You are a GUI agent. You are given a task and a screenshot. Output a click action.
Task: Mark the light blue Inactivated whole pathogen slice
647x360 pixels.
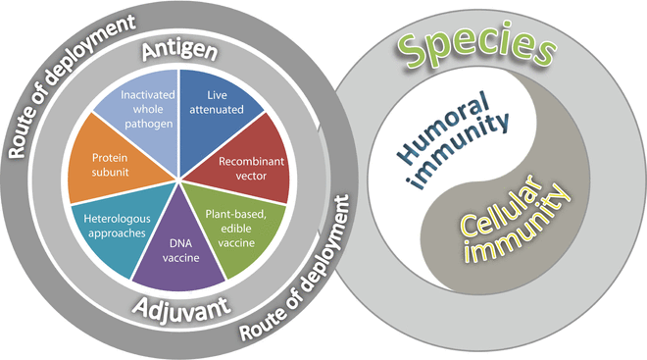tap(147, 108)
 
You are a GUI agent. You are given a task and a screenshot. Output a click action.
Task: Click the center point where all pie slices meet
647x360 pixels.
tap(177, 179)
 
